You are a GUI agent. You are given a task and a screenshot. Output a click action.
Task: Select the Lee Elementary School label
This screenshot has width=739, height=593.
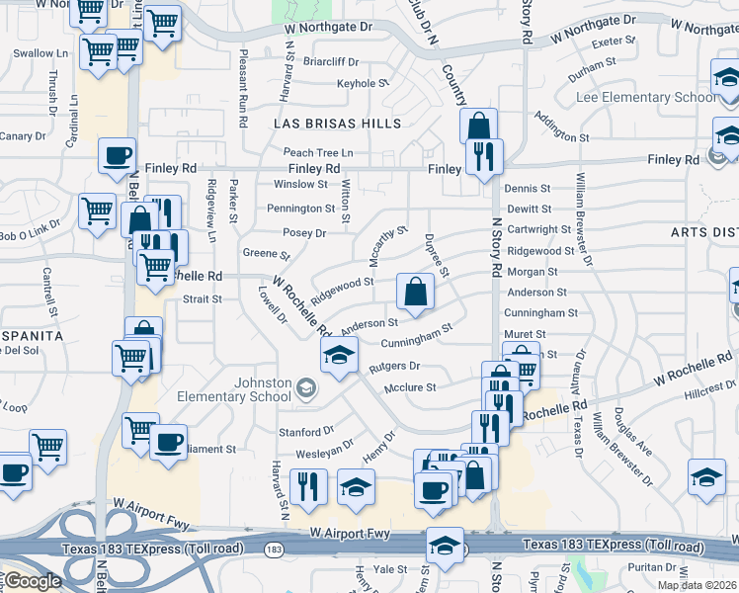pyautogui.click(x=647, y=98)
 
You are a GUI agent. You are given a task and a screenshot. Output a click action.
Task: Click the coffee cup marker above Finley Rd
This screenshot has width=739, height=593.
pyautogui.click(x=118, y=155)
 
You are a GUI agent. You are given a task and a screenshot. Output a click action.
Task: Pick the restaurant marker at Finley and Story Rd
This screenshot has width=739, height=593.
pyautogui.click(x=484, y=157)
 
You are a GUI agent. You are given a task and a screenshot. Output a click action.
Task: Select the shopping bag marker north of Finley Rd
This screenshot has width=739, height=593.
pyautogui.click(x=478, y=127)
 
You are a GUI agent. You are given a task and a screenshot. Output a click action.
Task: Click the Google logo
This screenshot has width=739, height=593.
pyautogui.click(x=33, y=581)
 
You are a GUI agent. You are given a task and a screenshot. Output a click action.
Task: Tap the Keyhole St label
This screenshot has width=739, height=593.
pyautogui.click(x=363, y=84)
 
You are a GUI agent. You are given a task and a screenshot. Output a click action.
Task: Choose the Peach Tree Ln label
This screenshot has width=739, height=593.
pyautogui.click(x=318, y=152)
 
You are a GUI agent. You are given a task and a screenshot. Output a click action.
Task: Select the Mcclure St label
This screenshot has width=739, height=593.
pyautogui.click(x=410, y=387)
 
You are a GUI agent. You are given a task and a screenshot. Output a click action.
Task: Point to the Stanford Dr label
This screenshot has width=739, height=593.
pyautogui.click(x=306, y=432)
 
